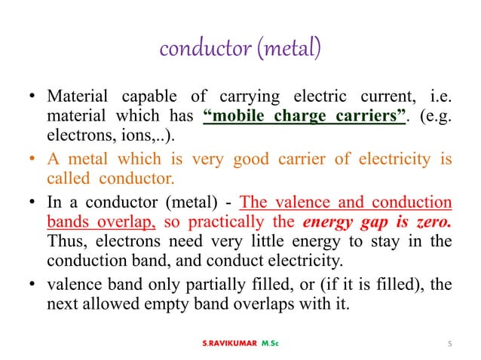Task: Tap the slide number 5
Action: [x=449, y=344]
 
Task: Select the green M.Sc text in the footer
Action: [x=269, y=344]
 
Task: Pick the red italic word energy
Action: [x=326, y=221]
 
